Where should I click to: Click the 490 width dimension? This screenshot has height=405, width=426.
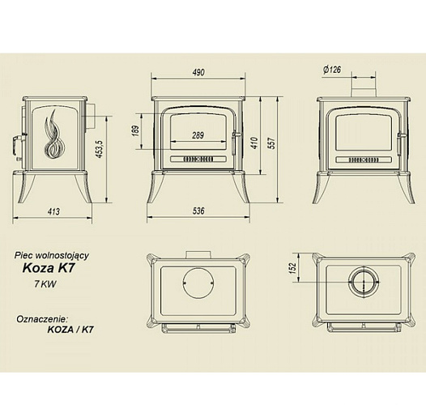198,72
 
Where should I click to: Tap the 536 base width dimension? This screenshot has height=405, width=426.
198,211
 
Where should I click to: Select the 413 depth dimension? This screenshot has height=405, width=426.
53,211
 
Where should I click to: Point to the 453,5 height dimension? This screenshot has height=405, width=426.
100,149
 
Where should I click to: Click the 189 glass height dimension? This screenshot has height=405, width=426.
136,130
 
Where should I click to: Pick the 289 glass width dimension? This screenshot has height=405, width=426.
198,135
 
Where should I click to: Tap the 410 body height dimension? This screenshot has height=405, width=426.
254,143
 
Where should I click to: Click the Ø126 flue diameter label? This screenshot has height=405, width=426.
332,70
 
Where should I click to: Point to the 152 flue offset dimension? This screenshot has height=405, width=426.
292,268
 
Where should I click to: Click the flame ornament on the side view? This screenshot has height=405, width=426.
54,134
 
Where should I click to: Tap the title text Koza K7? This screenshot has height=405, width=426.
49,268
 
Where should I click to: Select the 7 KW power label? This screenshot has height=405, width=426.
45,284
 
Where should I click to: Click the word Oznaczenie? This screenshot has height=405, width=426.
41,319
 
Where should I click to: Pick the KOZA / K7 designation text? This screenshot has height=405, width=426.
70,330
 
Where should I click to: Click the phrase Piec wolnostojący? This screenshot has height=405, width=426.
52,256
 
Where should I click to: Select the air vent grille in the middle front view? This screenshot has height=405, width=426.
198,159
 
